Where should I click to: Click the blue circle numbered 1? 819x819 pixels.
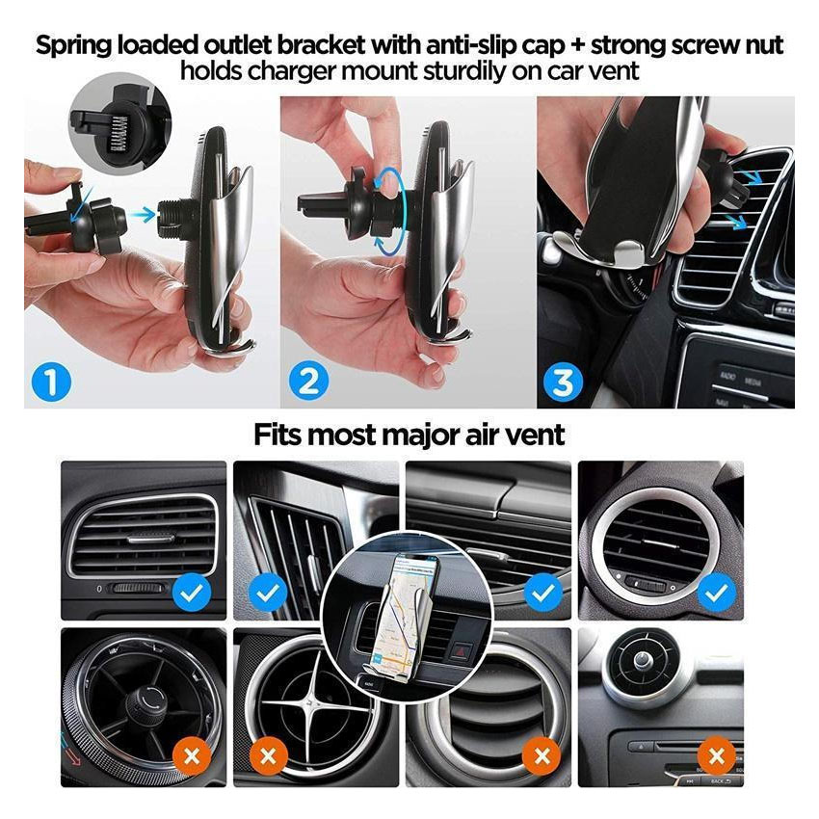coord(51,382)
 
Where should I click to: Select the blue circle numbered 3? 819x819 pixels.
coord(563,383)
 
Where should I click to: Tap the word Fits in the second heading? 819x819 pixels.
coord(277,435)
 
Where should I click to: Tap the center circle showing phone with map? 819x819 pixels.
coord(407,617)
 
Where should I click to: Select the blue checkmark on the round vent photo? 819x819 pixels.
coord(717,593)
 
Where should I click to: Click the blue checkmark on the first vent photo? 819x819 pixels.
coord(192,593)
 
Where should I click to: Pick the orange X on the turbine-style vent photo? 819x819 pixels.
coord(192,755)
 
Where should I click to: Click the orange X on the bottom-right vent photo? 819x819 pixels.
coord(717,755)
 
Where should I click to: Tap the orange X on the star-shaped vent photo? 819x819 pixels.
coord(269,756)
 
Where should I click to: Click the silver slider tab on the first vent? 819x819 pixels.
coord(150,538)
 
